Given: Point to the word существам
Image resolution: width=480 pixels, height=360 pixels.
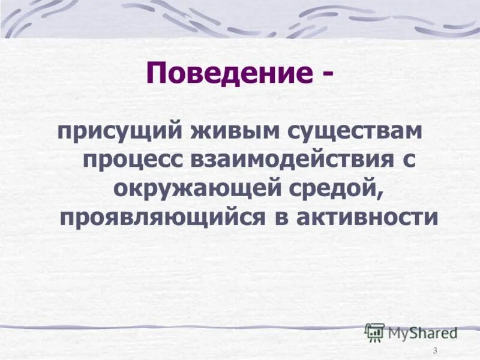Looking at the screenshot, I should (x=344, y=131).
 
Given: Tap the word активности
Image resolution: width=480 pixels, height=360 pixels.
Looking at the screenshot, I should (x=367, y=217).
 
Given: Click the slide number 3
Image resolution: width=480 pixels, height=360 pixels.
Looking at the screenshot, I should (x=435, y=350).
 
